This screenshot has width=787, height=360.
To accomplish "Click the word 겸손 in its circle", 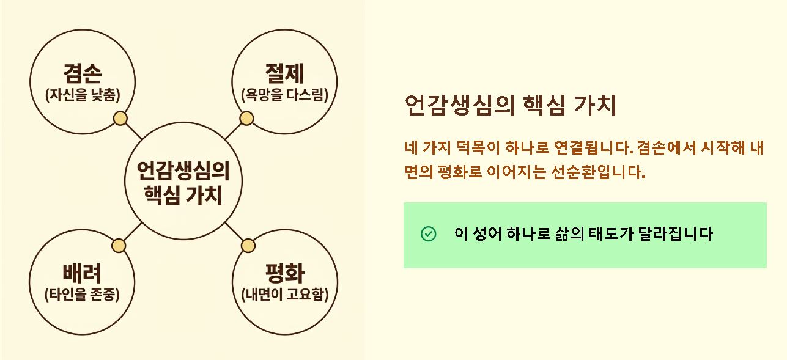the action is [x=83, y=74].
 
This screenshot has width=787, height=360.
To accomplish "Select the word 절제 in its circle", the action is [x=284, y=74].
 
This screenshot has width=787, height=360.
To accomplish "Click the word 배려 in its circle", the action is [x=82, y=274].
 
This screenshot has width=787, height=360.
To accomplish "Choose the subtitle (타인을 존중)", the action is [x=82, y=294].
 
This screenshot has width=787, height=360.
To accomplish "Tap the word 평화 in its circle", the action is [x=284, y=274].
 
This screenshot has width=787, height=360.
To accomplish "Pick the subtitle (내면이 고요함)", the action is [x=284, y=294].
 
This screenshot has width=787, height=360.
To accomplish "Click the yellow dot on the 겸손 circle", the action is [x=120, y=119].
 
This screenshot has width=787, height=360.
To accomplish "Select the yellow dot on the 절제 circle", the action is [x=246, y=119].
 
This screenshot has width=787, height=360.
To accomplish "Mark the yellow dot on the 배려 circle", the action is [x=119, y=246].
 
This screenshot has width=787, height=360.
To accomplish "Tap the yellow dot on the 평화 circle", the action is [x=248, y=246].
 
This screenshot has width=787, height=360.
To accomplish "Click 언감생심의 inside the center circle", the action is [x=183, y=171].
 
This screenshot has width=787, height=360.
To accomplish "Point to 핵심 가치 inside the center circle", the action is [x=183, y=196].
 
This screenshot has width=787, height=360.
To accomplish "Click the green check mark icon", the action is [x=429, y=234].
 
